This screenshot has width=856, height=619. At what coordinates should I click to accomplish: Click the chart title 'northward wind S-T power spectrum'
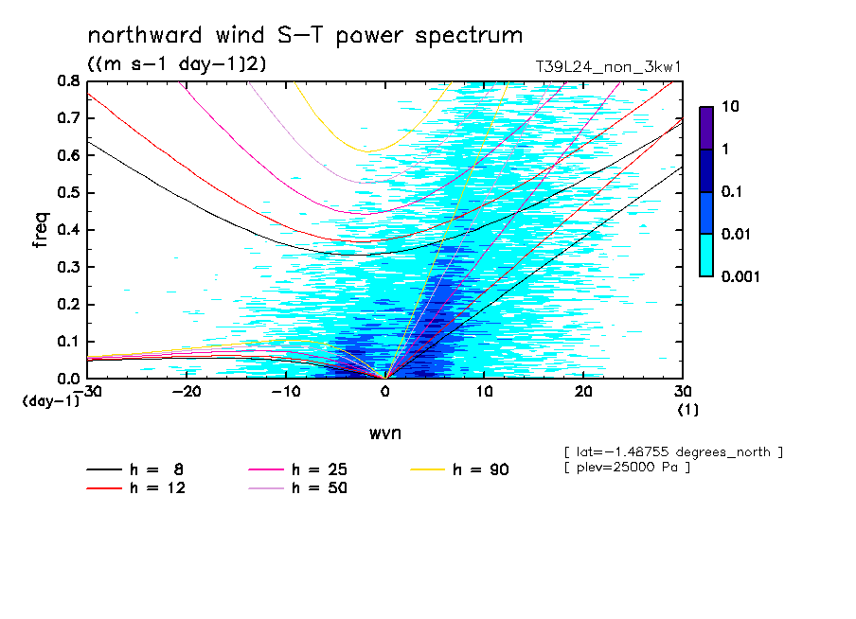click(305, 36)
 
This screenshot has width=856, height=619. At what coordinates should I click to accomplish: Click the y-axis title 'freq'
click(40, 230)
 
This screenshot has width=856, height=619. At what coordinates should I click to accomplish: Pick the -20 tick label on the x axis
click(187, 392)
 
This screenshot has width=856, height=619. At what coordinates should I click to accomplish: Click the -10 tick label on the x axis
click(286, 392)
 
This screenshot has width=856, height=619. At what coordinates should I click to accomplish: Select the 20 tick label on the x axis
click(583, 392)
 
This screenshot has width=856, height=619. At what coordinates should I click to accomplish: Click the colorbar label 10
click(730, 107)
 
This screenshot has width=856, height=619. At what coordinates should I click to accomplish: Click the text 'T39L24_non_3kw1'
click(609, 67)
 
